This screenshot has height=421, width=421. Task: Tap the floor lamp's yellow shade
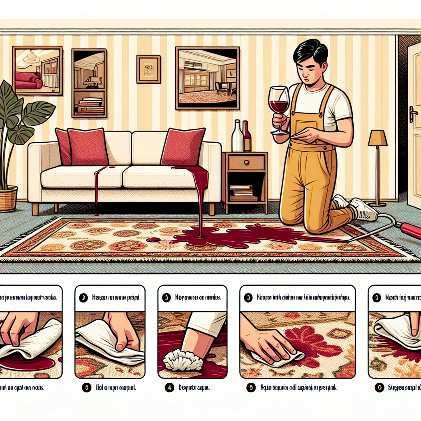[377, 138]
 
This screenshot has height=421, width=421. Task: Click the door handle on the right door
[413, 114]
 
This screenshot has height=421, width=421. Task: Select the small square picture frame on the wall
[148, 69]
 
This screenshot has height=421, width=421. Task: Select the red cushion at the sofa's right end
[183, 147]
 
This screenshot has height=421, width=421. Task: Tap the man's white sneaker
[363, 210]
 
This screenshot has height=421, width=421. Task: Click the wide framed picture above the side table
[207, 78]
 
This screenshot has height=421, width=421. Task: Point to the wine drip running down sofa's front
[96, 189]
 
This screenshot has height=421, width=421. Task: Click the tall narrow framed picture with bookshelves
[89, 83]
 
